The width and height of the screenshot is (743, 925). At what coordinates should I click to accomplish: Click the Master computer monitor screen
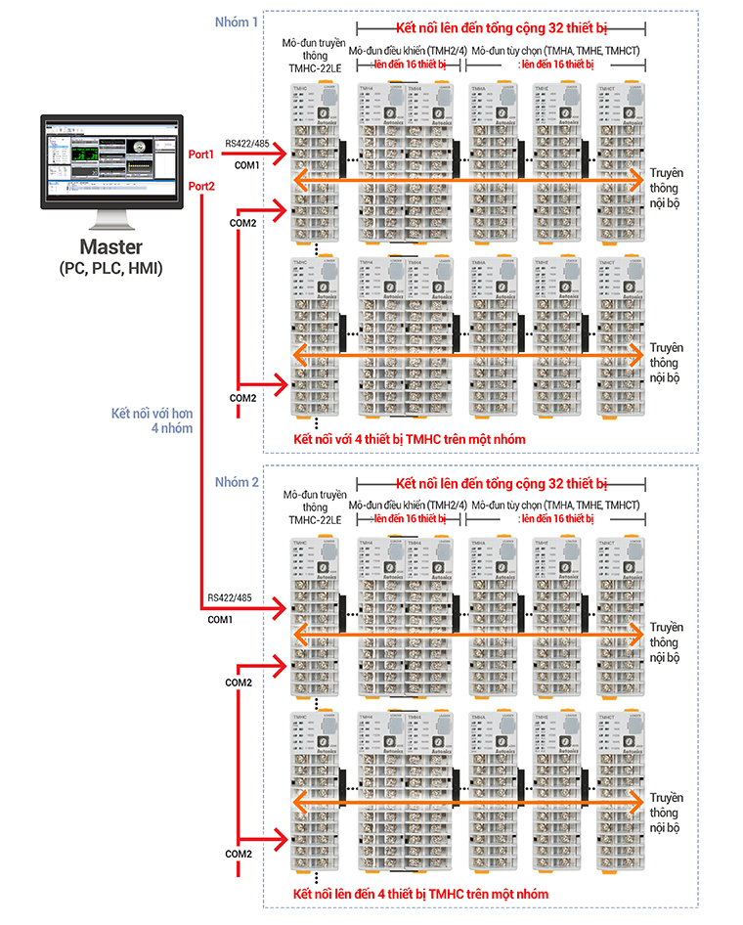110,159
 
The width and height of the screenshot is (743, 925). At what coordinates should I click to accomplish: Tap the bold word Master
110,246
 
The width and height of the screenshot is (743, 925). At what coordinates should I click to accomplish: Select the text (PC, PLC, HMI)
110,267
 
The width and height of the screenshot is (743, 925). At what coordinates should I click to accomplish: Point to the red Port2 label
201,186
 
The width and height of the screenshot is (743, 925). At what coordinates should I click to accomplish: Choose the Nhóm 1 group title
237,22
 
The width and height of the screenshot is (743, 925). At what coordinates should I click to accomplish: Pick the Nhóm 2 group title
237,482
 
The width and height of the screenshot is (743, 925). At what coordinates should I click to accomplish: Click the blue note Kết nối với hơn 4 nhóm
153,420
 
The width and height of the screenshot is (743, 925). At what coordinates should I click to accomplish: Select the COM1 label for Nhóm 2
220,619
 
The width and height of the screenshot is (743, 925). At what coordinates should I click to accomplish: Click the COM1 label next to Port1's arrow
246,164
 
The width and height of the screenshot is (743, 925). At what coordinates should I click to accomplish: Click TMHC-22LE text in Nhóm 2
315,520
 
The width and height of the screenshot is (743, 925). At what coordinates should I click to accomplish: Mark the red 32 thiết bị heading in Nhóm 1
502,29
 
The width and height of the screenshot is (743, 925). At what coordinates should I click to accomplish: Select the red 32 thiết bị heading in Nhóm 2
502,483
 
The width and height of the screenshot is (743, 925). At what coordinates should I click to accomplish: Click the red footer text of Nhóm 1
410,439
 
